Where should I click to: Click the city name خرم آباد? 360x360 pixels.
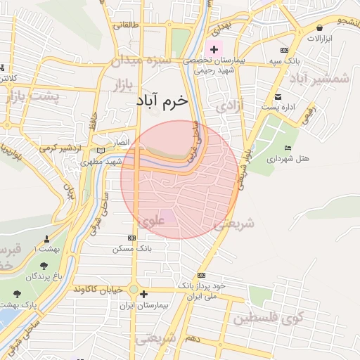[x=162, y=101]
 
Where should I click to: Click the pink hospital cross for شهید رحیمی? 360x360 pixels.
[x=214, y=50]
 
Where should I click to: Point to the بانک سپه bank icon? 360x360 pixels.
[x=284, y=51]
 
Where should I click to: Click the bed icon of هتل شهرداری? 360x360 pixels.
[x=288, y=148]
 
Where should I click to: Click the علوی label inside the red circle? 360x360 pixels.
[x=151, y=221]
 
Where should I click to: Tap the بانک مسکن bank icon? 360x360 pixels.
[x=131, y=238]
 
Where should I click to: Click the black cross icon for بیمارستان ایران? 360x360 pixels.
[x=143, y=294]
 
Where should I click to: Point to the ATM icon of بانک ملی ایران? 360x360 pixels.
[x=202, y=275]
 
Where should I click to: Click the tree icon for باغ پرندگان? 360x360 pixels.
[x=44, y=266]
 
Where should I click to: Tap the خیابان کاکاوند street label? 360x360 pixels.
[x=96, y=290]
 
